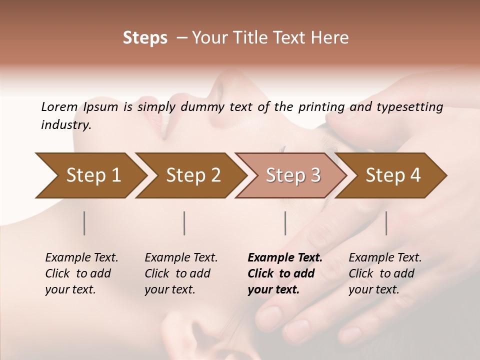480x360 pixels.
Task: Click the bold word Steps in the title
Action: (x=145, y=38)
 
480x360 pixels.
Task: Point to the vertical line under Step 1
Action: (x=84, y=223)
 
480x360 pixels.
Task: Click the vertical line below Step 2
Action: (x=184, y=223)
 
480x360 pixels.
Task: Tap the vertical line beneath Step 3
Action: (x=285, y=223)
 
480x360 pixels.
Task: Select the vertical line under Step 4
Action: (x=386, y=223)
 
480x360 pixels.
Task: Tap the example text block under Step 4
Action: (x=385, y=273)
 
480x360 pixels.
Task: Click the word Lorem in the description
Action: (x=59, y=106)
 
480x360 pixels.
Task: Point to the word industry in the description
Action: (x=66, y=125)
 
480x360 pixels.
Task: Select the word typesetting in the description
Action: (x=415, y=106)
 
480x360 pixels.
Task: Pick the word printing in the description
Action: (x=319, y=106)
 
